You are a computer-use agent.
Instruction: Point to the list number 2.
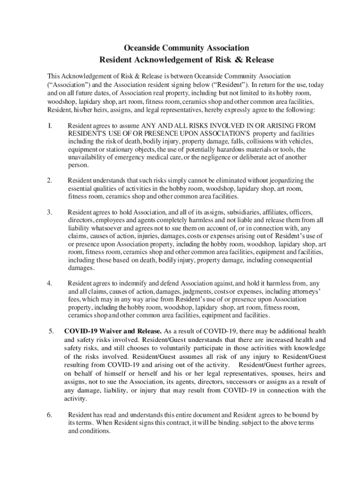pyautogui.click(x=50, y=180)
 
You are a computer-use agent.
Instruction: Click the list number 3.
pyautogui.click(x=50, y=212)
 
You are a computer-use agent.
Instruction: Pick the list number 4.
pyautogui.click(x=50, y=283)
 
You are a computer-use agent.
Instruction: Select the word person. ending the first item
pyautogui.click(x=78, y=165)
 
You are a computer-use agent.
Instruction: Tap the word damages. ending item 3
pyautogui.click(x=81, y=268)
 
